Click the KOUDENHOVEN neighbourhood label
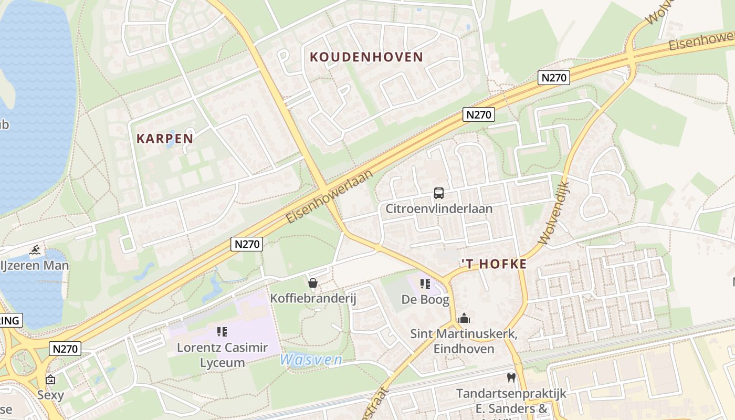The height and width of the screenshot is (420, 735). tap(366, 57)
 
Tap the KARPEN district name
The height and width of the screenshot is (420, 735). tap(165, 139)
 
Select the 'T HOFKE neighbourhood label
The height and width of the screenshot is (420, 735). tap(493, 264)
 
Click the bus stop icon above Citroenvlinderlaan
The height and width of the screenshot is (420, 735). tap(439, 193)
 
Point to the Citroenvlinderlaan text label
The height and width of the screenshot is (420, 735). tap(439, 209)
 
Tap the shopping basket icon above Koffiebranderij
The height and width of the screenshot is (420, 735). tap(313, 283)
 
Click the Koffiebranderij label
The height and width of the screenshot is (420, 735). tap(313, 299)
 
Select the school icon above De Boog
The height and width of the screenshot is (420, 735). tap(425, 285)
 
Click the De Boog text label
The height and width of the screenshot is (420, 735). tap(425, 300)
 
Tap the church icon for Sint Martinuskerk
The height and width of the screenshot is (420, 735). tap(464, 318)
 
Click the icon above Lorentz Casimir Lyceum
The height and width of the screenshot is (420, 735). tap(222, 332)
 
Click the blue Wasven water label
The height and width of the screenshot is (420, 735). tap(311, 360)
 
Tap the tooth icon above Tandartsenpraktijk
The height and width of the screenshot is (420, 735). tap(511, 377)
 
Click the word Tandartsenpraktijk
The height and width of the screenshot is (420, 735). tap(511, 393)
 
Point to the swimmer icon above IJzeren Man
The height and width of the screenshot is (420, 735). tap(35, 249)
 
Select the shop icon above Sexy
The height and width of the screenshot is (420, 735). tap(50, 380)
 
